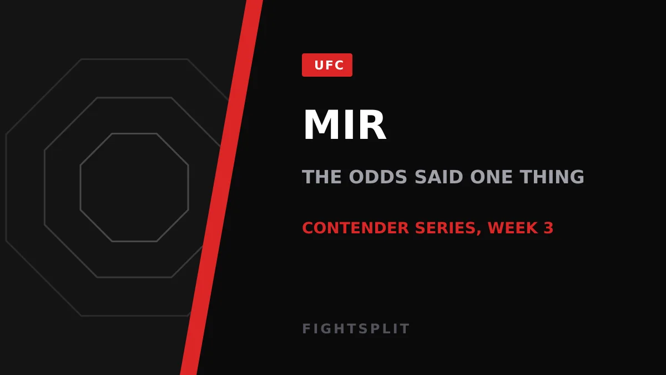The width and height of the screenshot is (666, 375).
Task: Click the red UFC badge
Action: (x=327, y=65)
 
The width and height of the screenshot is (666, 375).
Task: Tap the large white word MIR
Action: (x=345, y=124)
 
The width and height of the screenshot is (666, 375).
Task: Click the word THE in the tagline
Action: (x=322, y=177)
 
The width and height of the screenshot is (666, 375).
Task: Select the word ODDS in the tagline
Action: (x=378, y=177)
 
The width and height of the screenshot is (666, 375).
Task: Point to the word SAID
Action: (x=439, y=177)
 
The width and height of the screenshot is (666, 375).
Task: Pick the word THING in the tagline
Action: (x=552, y=177)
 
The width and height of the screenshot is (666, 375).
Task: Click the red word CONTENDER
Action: (x=356, y=228)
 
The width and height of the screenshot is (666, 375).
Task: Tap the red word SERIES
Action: (x=446, y=228)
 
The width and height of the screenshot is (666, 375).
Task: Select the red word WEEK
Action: (x=513, y=228)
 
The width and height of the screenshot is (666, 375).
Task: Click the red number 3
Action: (x=548, y=228)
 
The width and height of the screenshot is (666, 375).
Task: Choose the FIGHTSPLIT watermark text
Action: (x=356, y=329)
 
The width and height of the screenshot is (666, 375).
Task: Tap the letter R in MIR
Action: (x=372, y=124)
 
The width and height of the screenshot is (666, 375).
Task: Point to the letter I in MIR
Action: (x=347, y=124)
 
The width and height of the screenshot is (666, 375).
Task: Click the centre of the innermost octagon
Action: (x=134, y=188)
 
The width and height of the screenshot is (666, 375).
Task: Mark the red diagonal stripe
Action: (x=221, y=188)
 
